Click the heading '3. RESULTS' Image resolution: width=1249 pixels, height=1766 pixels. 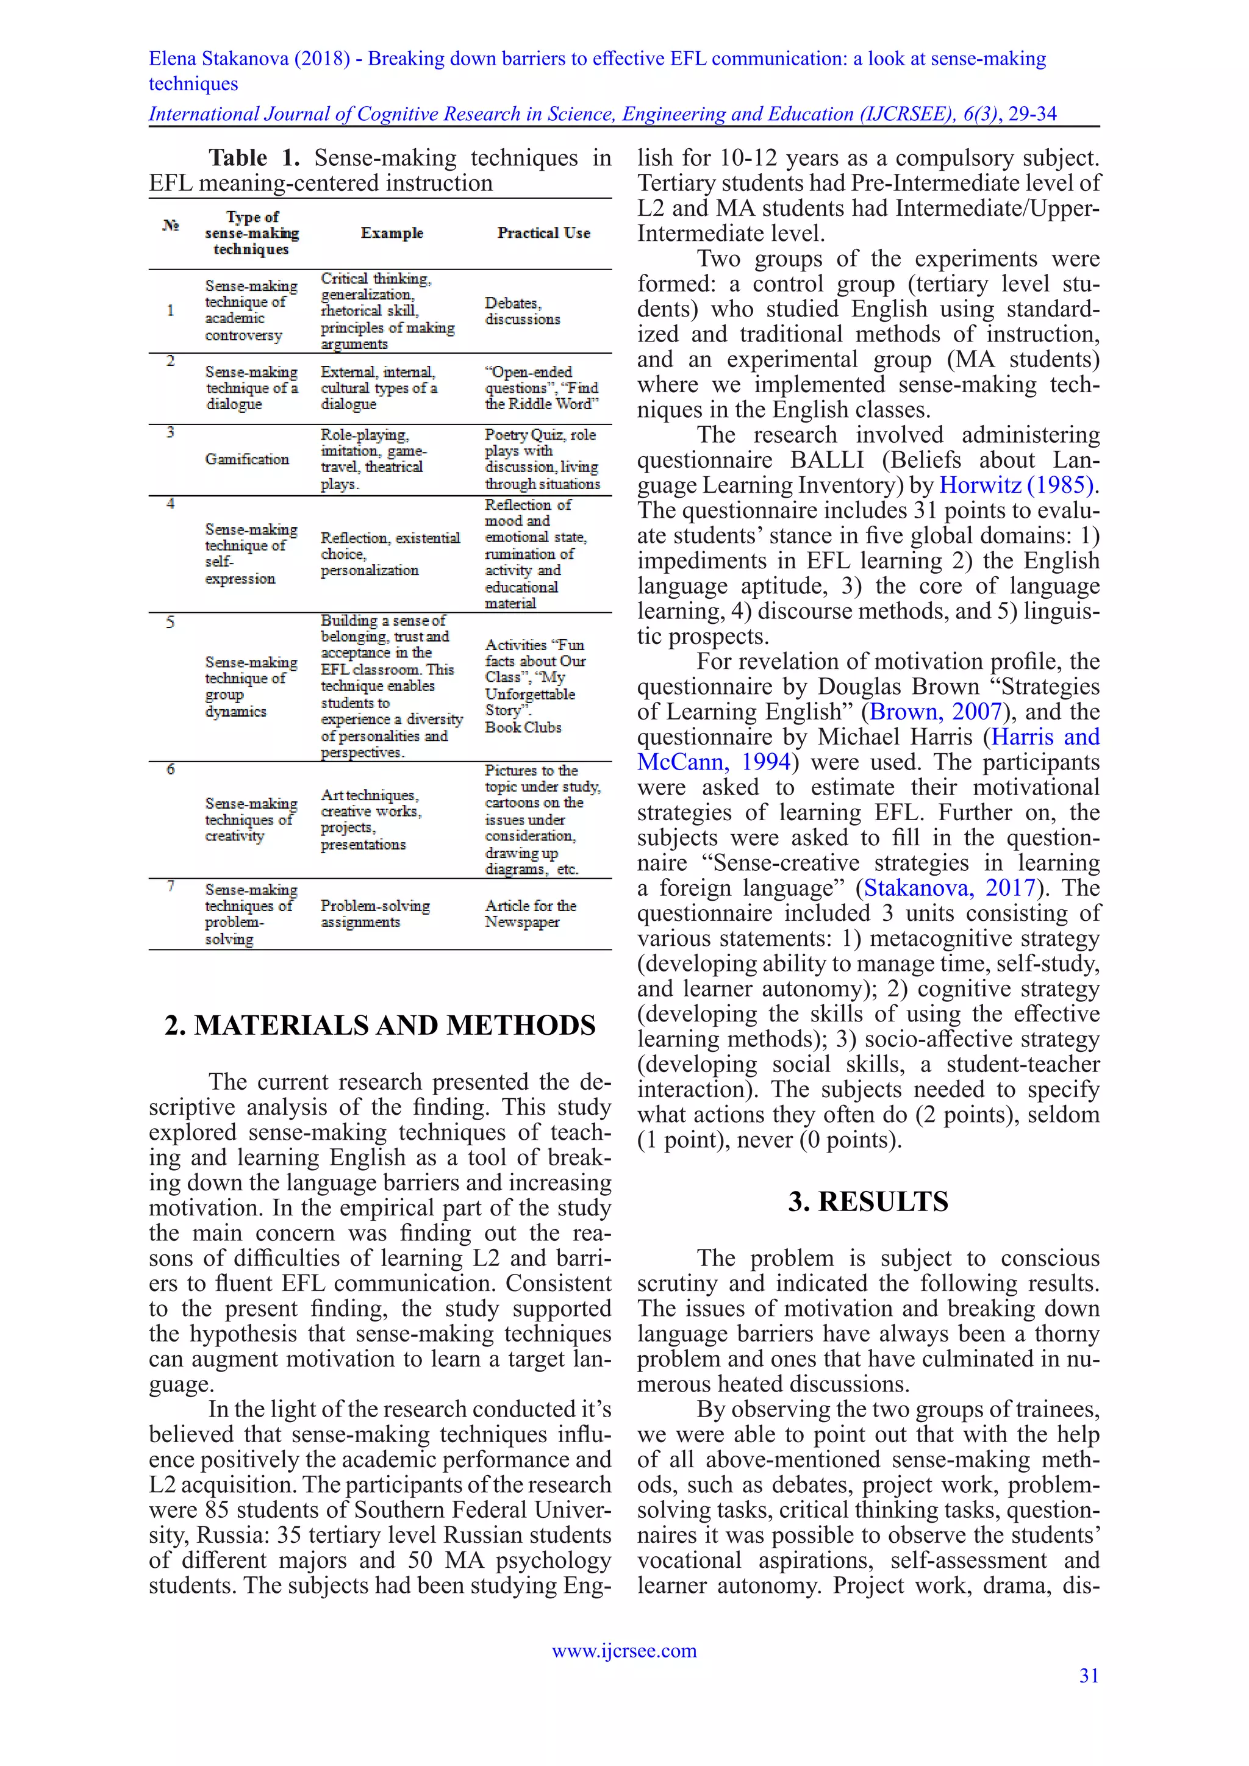(x=868, y=1201)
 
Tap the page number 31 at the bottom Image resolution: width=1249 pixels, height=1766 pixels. (x=1089, y=1675)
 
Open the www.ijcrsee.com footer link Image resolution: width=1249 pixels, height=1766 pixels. (x=624, y=1651)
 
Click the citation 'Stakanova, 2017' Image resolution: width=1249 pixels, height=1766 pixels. (x=949, y=888)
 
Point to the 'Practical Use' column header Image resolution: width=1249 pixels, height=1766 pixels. (x=544, y=232)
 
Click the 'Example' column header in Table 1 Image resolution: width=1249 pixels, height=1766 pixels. (x=392, y=232)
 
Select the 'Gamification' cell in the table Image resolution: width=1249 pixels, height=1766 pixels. (x=247, y=459)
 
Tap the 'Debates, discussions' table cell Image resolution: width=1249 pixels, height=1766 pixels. (x=522, y=311)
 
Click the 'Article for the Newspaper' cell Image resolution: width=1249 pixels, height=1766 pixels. (x=530, y=913)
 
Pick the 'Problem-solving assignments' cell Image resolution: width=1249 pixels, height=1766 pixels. (x=374, y=913)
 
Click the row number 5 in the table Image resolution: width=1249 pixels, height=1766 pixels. (x=170, y=621)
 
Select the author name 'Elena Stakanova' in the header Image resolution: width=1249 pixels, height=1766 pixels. (x=218, y=59)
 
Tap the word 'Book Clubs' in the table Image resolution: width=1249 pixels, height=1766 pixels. (x=523, y=727)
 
